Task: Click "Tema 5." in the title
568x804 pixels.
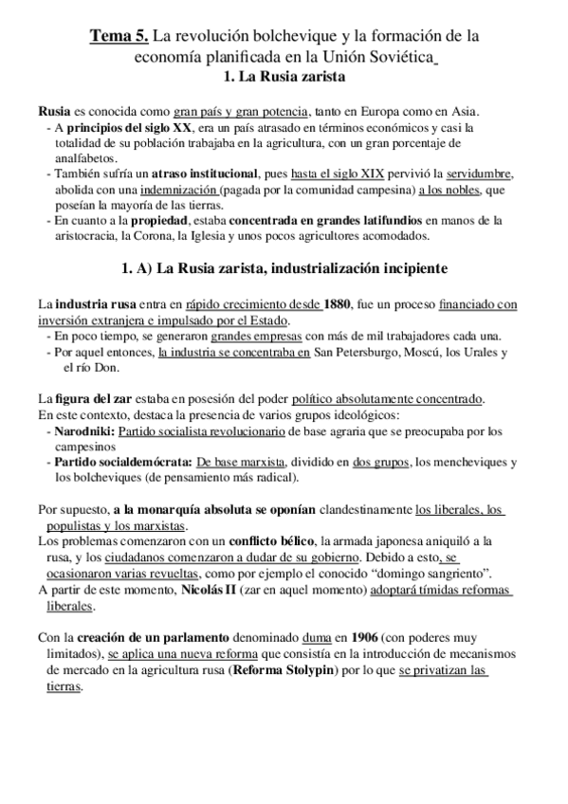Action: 119,36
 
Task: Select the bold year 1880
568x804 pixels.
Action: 337,304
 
